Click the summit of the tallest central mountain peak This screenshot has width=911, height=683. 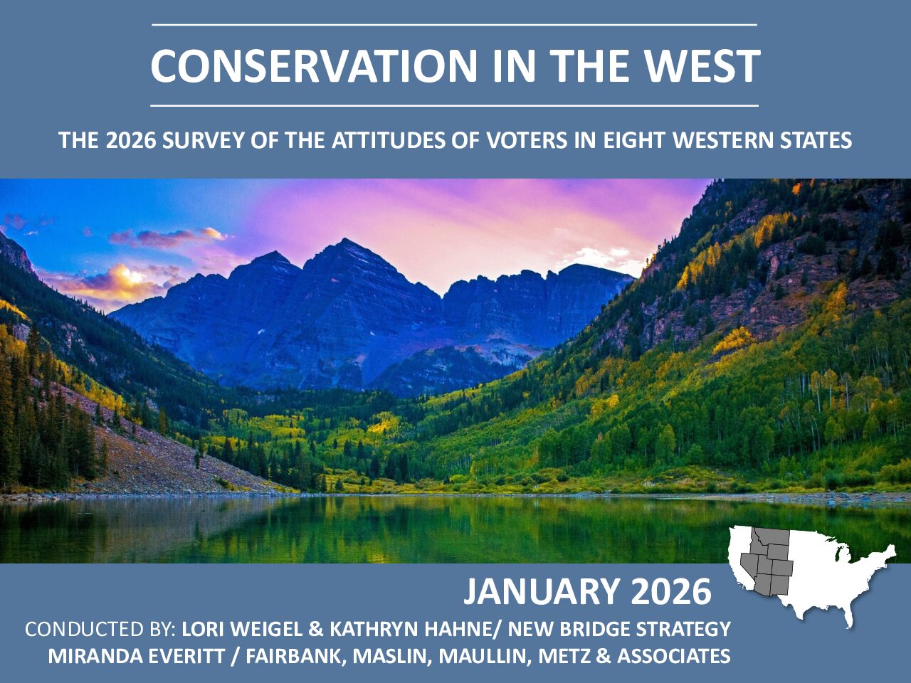344,239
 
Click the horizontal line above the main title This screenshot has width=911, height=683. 455,25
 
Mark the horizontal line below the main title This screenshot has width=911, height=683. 455,106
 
